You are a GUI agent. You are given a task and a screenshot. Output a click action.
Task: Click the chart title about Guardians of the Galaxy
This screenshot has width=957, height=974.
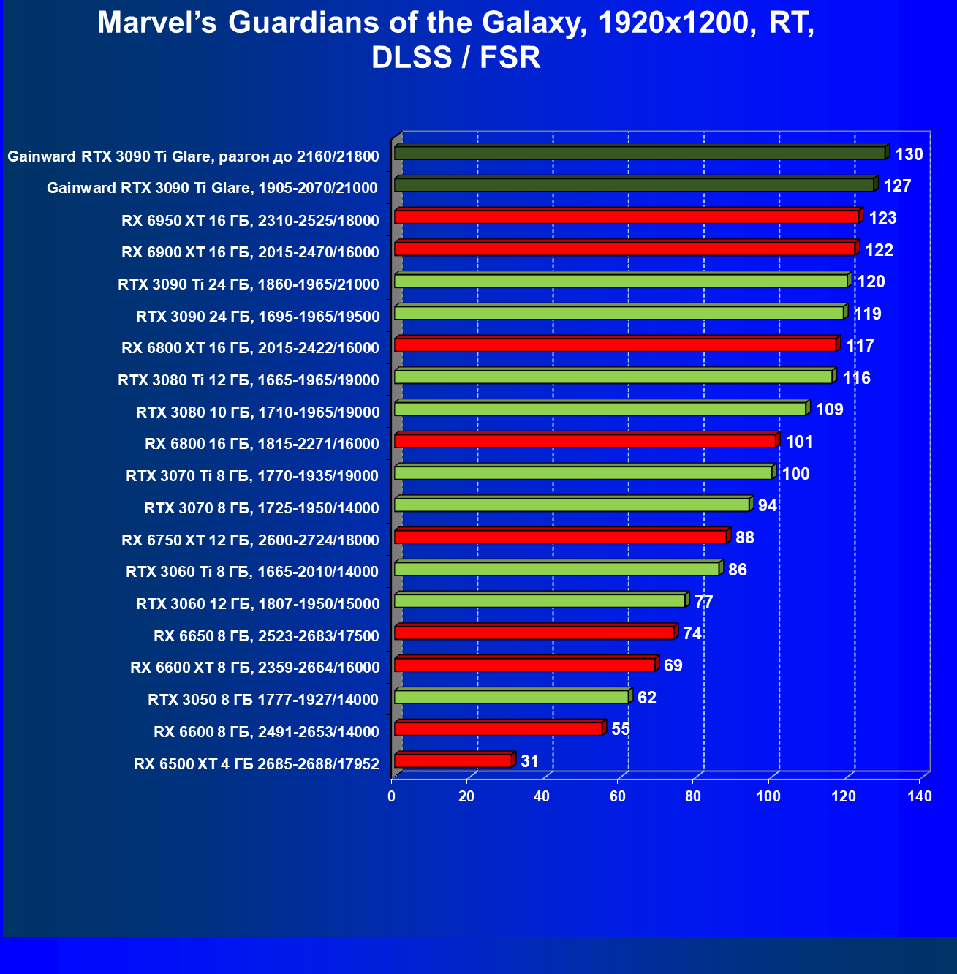[x=455, y=39]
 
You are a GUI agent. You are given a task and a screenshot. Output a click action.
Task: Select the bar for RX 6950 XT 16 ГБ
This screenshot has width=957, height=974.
[x=626, y=217]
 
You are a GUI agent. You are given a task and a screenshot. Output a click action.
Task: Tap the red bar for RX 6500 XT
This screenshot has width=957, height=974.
[x=453, y=761]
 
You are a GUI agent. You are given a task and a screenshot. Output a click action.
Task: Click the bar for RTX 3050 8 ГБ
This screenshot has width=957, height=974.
[x=511, y=697]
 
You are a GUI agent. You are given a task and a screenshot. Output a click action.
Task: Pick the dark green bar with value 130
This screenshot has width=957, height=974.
[x=640, y=153]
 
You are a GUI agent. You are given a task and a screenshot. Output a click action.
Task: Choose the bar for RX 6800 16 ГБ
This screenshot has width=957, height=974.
[x=585, y=441]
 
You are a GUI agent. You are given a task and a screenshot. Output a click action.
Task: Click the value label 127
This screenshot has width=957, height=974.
[x=897, y=186]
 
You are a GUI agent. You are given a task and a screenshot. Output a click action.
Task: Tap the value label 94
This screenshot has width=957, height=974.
[x=767, y=505]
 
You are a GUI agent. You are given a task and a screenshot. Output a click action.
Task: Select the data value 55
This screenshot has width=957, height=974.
[x=620, y=729]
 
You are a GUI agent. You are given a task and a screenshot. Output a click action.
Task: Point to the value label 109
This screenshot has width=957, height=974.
[x=829, y=409]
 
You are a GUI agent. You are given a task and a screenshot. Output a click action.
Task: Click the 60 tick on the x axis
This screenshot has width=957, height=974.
[x=618, y=796]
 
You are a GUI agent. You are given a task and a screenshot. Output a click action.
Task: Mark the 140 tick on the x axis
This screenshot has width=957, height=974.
[x=920, y=796]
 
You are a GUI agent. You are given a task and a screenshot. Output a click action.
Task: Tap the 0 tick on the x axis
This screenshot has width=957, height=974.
[x=392, y=796]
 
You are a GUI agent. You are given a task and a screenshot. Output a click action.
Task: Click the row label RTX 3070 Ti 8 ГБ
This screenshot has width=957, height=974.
[x=252, y=476]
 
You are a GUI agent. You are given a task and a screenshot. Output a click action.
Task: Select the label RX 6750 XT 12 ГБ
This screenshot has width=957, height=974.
[x=250, y=540]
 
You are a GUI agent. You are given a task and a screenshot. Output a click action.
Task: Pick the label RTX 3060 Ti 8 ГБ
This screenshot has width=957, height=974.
[x=252, y=572]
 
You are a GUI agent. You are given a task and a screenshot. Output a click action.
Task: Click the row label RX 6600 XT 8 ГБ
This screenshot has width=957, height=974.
[x=254, y=668]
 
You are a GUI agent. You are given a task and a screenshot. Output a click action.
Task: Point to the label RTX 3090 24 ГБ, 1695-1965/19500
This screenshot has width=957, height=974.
[x=257, y=317]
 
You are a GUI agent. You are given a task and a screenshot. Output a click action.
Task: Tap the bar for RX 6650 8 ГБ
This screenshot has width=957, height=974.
[x=534, y=633]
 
